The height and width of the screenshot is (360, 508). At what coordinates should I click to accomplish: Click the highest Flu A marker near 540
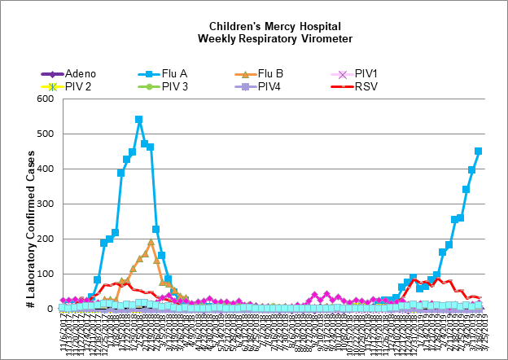click(139, 119)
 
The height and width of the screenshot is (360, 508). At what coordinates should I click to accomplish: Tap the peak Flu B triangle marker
click(151, 242)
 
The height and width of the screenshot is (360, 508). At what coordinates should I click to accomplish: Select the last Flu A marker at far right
click(478, 151)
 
